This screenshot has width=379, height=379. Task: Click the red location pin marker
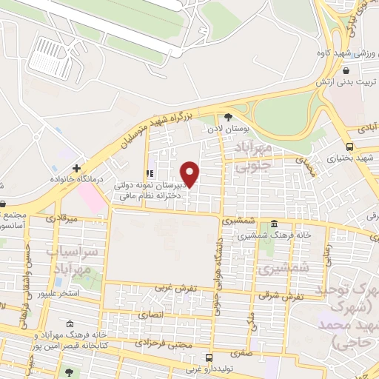(190, 173)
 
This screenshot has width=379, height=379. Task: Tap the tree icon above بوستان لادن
(228, 116)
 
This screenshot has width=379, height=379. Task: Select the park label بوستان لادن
(228, 129)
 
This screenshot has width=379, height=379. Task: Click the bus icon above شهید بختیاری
(349, 146)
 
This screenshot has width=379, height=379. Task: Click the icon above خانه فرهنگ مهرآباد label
(70, 324)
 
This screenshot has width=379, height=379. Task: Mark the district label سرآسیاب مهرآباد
(72, 261)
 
